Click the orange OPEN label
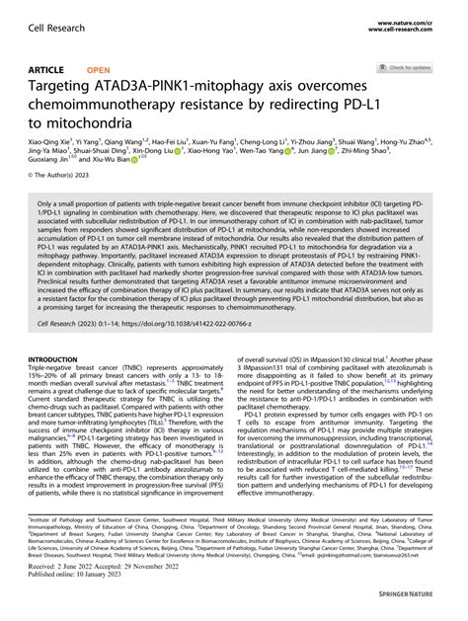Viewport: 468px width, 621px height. click(99, 70)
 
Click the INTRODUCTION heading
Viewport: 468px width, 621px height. click(56, 359)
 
